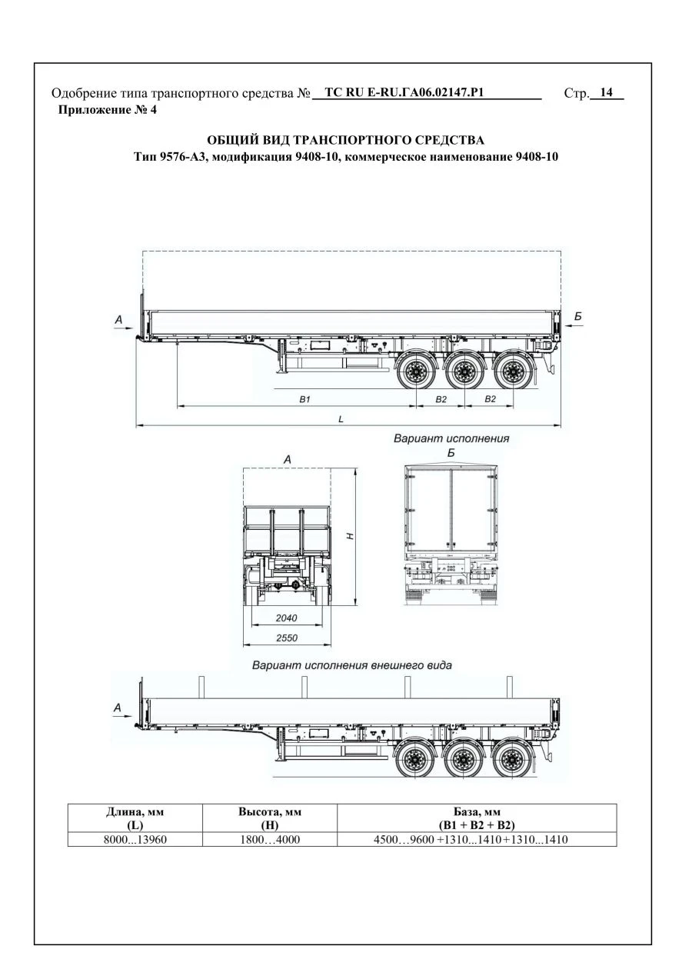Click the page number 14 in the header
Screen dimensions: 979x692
pos(606,93)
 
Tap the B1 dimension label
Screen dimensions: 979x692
pos(304,399)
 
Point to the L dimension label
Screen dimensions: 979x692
pos(341,419)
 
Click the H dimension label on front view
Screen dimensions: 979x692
pos(349,536)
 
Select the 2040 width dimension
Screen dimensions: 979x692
pos(285,618)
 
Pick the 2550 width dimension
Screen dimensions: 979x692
pos(285,638)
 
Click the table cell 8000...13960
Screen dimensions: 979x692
pos(135,840)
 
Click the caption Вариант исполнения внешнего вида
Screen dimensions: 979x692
pos(352,664)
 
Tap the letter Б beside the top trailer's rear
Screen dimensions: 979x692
pos(577,315)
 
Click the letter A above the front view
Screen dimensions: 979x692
pos(287,458)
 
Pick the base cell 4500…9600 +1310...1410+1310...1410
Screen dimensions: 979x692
pos(477,840)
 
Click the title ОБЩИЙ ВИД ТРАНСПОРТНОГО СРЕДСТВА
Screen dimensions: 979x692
pos(346,140)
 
